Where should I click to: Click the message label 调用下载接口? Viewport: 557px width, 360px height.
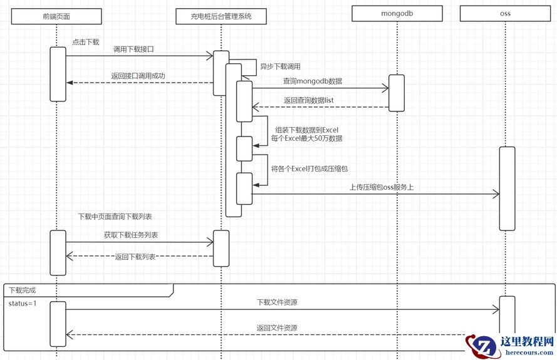click(x=133, y=49)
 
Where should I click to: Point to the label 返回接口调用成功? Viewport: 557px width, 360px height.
click(x=138, y=76)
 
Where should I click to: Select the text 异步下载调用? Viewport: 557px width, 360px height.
click(x=280, y=66)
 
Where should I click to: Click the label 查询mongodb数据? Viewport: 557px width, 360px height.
click(x=312, y=81)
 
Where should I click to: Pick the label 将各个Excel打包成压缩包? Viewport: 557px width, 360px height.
click(x=309, y=168)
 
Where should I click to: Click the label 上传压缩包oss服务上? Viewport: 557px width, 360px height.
click(x=381, y=187)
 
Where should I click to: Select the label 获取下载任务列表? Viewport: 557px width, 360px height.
click(x=131, y=235)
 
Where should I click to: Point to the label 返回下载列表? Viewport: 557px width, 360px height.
click(x=135, y=257)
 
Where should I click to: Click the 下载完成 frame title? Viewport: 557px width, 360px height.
click(x=23, y=290)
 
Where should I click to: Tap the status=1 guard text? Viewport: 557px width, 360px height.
click(x=23, y=304)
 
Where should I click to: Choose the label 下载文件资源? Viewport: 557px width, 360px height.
click(x=277, y=302)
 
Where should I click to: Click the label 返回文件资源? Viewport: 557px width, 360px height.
click(x=276, y=327)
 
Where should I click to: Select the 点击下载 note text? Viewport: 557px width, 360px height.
click(x=85, y=42)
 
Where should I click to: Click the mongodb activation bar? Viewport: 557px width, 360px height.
click(x=396, y=93)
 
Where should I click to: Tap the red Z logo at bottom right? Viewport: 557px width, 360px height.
click(x=484, y=346)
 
